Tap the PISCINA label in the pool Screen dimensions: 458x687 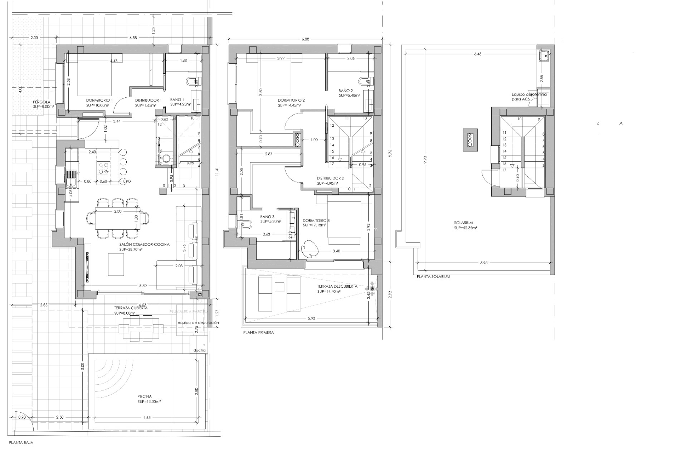[x=145, y=396]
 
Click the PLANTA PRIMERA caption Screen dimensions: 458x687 [x=258, y=332]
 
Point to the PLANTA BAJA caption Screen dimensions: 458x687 [x=21, y=443]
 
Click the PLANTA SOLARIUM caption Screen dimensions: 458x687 [x=433, y=277]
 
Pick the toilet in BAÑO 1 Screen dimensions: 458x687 [x=190, y=82]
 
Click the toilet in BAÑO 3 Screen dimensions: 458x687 [x=246, y=225]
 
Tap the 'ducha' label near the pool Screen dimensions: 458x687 [x=199, y=350]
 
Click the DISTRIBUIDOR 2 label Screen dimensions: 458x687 [x=330, y=178]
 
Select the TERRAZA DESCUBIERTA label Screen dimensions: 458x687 [x=337, y=287]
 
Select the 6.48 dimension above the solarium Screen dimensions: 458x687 [x=477, y=54]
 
